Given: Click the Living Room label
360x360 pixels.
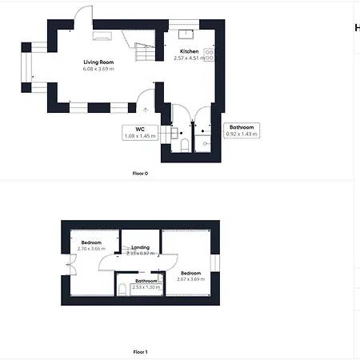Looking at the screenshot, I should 99,62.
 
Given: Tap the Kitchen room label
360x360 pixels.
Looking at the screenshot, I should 189,51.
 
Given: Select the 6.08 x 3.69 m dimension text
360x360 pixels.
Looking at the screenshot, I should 99,69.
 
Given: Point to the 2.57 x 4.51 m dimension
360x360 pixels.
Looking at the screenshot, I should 189,58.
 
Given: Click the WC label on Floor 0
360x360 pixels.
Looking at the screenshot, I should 139,129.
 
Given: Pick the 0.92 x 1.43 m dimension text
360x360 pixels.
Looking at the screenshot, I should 242,134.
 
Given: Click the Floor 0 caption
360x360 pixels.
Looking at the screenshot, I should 140,173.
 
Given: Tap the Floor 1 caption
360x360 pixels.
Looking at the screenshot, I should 140,350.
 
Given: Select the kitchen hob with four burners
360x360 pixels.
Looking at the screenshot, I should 210,55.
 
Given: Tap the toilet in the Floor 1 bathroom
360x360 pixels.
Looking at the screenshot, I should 122,289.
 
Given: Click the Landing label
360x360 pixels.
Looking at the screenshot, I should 140,247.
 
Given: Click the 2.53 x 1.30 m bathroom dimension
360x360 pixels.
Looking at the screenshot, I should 146,286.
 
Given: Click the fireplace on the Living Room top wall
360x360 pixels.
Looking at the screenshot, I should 102,34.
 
